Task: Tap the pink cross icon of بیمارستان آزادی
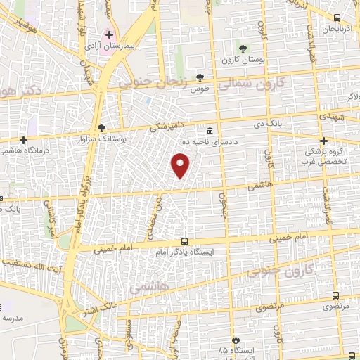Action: pyautogui.click(x=109, y=34)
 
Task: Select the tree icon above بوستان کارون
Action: pyautogui.click(x=243, y=48)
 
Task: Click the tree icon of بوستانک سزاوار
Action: pyautogui.click(x=101, y=128)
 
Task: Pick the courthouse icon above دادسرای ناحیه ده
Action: pyautogui.click(x=210, y=131)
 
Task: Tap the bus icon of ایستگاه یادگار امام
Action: pyautogui.click(x=184, y=240)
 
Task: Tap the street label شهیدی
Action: pyautogui.click(x=330, y=114)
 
